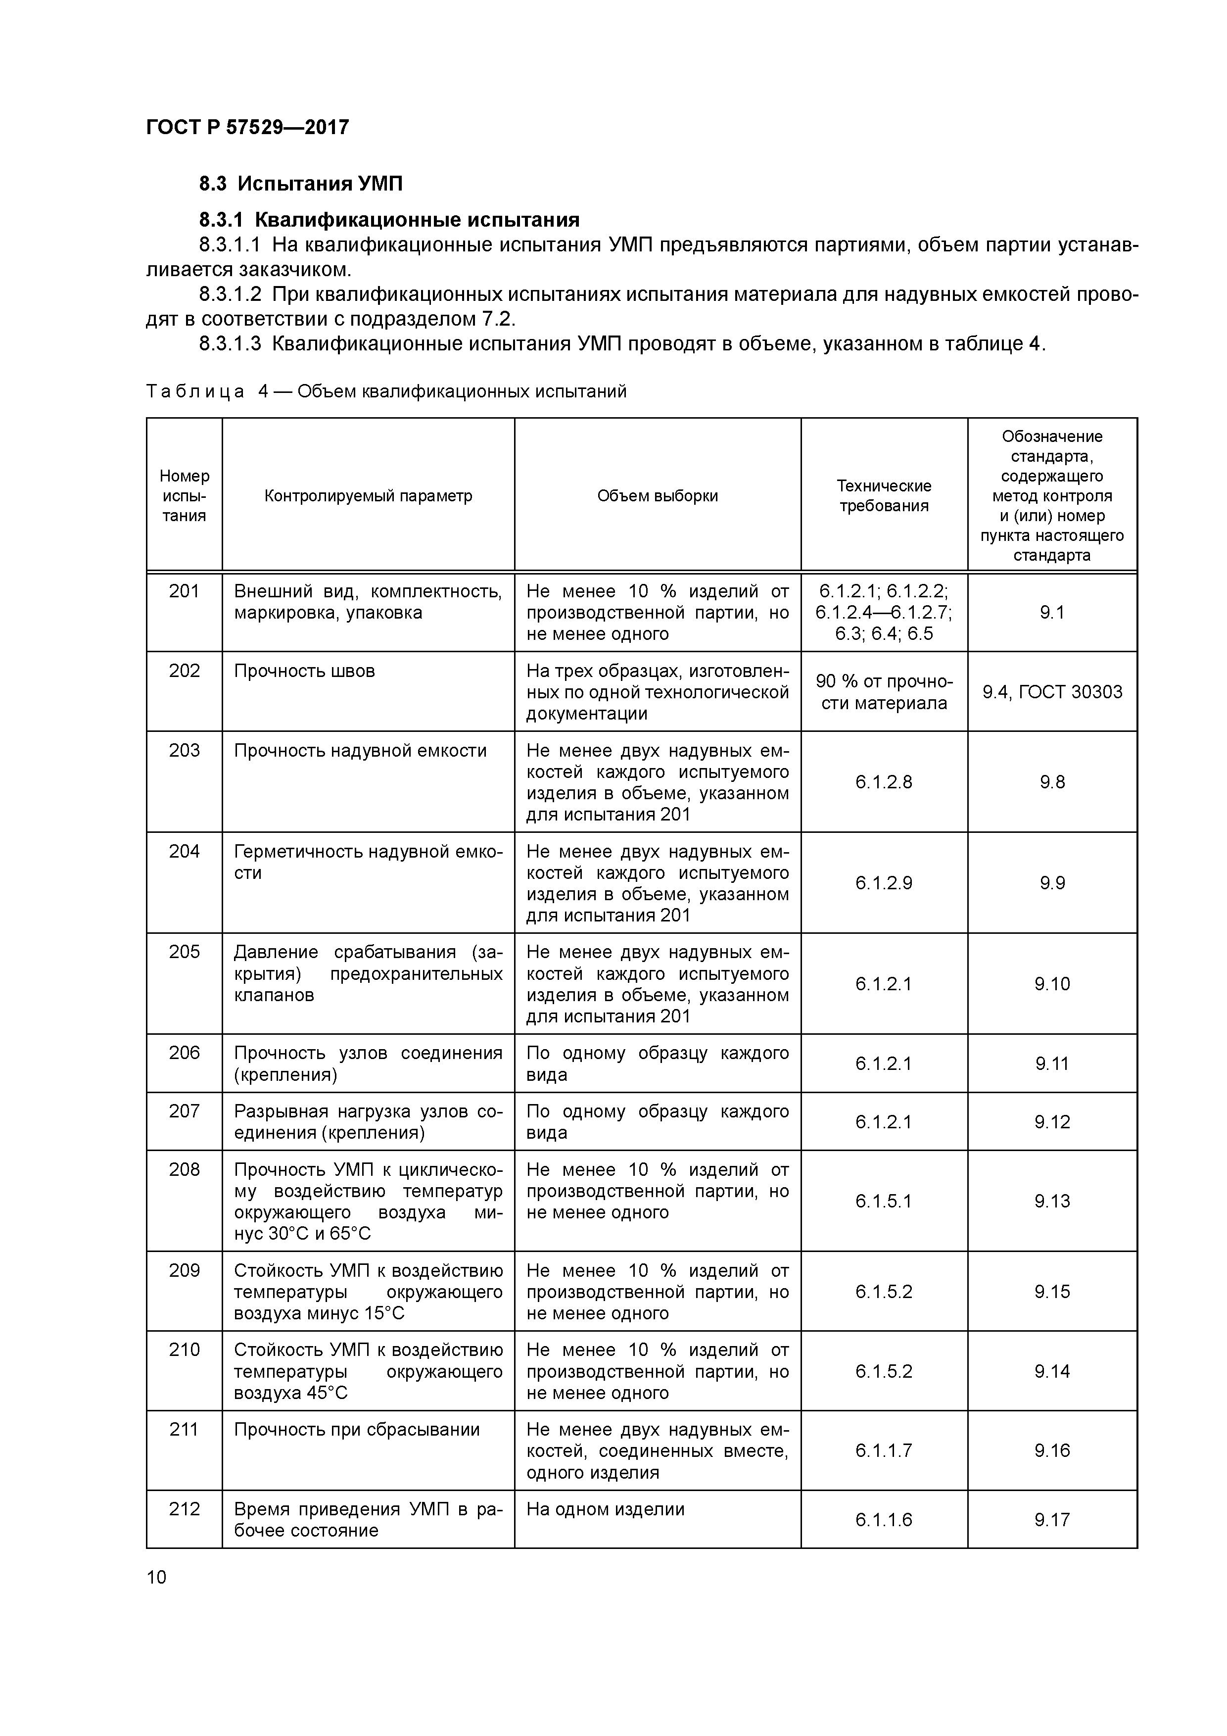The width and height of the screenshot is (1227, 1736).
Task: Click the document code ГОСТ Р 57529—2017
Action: [x=247, y=127]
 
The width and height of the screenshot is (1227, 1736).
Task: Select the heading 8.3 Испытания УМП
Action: [x=301, y=184]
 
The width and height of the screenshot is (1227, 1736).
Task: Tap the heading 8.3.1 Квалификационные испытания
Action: [x=389, y=220]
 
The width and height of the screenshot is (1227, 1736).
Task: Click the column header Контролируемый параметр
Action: [x=368, y=496]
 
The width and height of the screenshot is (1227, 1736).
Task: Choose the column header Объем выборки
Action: [x=657, y=496]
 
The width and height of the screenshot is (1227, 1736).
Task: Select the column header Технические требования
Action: [x=884, y=496]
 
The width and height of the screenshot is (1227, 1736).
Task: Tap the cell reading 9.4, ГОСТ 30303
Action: [x=1051, y=692]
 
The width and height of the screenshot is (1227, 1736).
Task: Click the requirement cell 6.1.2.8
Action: [x=884, y=782]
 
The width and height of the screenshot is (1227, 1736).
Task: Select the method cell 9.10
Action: [x=1051, y=984]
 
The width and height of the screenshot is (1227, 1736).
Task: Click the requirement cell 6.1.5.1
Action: [x=884, y=1202]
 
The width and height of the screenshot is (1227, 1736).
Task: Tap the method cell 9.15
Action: [x=1051, y=1292]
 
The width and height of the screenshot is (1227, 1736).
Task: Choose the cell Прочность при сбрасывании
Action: [x=357, y=1430]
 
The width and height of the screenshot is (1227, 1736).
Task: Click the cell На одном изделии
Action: [x=606, y=1509]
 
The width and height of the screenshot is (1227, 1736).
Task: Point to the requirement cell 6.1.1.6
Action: [x=884, y=1520]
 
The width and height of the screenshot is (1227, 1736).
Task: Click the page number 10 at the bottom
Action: [x=156, y=1577]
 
